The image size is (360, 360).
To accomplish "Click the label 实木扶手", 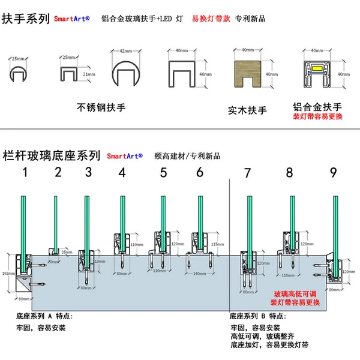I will (x=247, y=110).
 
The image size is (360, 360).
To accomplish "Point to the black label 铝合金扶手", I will (x=316, y=105).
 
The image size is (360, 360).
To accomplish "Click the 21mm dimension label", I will (x=88, y=74).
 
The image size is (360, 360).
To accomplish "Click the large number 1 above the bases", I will (x=25, y=173).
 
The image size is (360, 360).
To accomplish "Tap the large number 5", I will (x=163, y=173).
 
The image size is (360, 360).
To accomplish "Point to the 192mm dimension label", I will (x=8, y=272).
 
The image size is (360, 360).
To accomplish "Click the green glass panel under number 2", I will (x=55, y=222).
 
